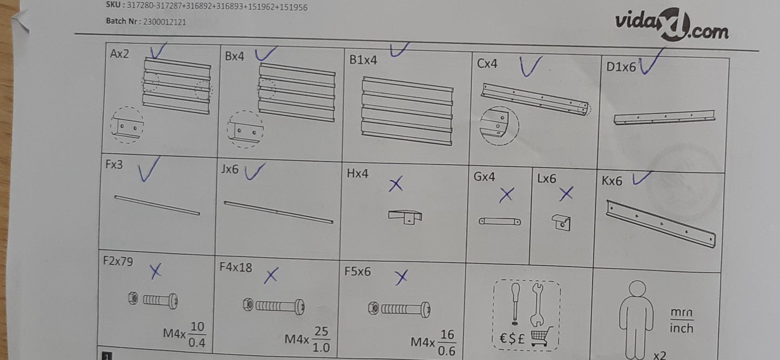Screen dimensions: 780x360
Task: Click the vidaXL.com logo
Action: click(x=672, y=25)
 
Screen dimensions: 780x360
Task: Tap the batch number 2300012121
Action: click(x=164, y=22)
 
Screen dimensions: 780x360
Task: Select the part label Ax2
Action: click(x=119, y=53)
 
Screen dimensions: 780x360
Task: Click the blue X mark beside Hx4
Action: click(x=396, y=184)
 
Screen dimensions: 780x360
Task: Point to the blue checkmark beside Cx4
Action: click(x=530, y=66)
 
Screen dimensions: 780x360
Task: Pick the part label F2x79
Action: click(x=118, y=261)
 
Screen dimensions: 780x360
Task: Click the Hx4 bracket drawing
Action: click(x=405, y=216)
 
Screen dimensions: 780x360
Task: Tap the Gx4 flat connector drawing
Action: click(x=500, y=221)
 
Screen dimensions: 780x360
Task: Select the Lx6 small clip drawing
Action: click(x=561, y=222)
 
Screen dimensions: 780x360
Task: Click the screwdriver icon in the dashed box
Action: click(x=516, y=302)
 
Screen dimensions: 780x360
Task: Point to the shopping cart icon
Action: click(x=541, y=336)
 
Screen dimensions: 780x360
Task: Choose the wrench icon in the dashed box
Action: click(x=537, y=304)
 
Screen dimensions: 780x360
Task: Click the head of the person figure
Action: click(x=637, y=289)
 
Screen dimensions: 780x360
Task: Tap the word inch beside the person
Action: click(x=681, y=328)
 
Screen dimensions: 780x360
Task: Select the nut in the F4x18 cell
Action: click(x=248, y=304)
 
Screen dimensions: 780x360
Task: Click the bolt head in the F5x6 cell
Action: click(x=425, y=309)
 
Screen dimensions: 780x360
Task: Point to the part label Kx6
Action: click(x=612, y=181)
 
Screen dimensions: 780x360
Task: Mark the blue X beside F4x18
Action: click(x=271, y=275)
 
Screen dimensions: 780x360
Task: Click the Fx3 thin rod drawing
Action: click(x=158, y=205)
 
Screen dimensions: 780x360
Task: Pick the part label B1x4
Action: click(x=363, y=60)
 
